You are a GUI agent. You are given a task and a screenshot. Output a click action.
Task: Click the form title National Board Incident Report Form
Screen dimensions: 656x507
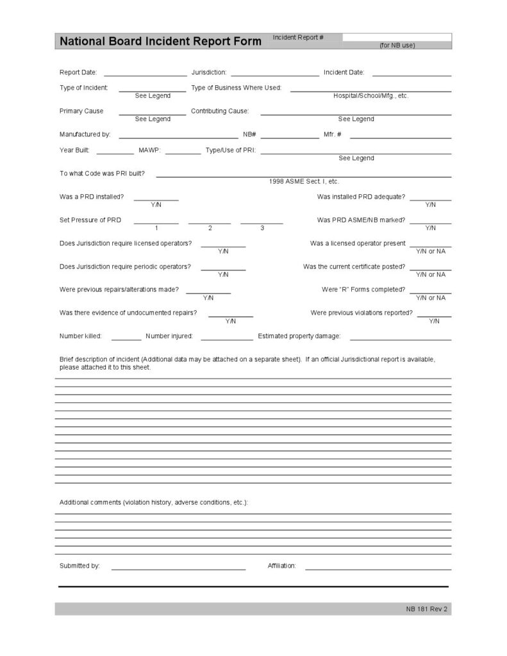[160, 42]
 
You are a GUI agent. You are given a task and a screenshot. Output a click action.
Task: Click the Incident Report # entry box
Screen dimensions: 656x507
[396, 37]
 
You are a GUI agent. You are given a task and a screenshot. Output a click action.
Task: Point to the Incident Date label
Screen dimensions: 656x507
[344, 72]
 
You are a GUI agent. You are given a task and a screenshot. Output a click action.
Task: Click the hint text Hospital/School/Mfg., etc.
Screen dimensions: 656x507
[370, 95]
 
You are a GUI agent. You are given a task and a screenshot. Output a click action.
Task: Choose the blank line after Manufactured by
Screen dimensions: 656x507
[178, 136]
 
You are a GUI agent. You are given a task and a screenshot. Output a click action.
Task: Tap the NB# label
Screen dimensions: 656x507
[249, 135]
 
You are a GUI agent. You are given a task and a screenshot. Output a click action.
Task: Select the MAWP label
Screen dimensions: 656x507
[149, 150]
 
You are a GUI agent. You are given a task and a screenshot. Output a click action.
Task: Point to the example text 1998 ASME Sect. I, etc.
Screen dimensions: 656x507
[304, 181]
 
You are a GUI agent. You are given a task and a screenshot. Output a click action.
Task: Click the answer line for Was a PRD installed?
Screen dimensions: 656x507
[156, 199]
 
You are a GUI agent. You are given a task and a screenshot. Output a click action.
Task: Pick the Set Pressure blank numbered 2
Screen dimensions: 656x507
[210, 222]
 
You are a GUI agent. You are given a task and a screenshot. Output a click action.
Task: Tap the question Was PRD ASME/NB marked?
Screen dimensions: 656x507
[361, 220]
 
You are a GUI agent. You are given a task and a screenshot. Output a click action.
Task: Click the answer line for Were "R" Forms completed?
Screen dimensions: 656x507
[430, 292]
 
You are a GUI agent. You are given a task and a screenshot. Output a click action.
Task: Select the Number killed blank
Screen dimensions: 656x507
[126, 339]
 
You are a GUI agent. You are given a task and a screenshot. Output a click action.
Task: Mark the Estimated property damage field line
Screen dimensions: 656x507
[400, 339]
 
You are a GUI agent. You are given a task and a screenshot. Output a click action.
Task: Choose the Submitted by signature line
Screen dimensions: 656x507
[178, 568]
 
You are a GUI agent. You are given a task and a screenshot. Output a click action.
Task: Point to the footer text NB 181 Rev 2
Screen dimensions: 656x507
[426, 609]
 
